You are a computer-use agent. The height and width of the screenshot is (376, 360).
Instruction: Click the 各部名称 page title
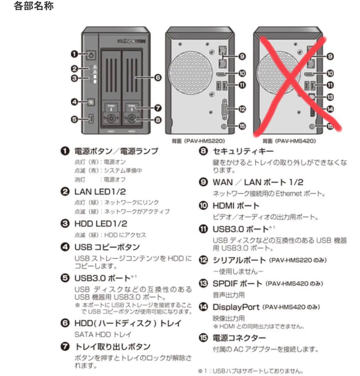[34, 6]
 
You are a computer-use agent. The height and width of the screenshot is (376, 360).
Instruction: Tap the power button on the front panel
[91, 54]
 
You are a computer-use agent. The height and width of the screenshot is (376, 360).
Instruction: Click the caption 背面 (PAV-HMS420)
[289, 141]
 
